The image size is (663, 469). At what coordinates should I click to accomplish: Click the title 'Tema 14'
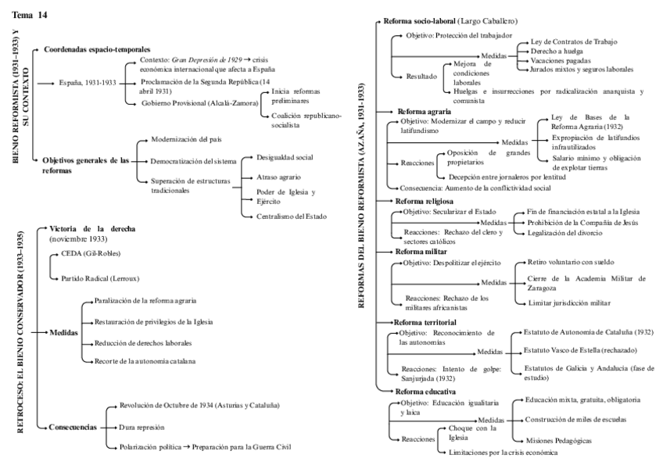29,15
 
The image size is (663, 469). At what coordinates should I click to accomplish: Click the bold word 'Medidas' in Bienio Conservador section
64,332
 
